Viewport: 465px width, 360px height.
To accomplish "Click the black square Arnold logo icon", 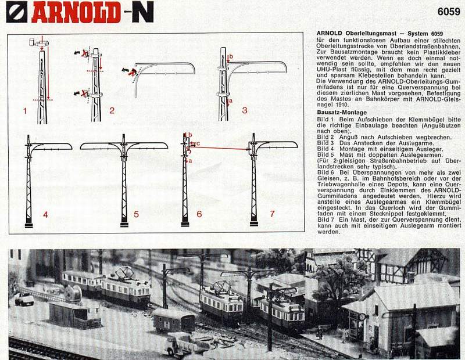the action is coord(17,12).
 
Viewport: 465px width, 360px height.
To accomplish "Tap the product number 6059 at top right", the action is coord(449,12).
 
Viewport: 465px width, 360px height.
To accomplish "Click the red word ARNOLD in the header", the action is coord(76,12).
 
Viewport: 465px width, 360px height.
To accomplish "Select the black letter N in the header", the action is coord(143,12).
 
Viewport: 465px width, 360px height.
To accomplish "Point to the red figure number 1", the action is coord(25,111).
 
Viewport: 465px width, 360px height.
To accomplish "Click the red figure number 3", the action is coord(244,110).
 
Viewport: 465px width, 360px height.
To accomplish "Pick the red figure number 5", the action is coord(136,214).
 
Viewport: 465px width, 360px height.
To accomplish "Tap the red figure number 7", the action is coord(272,214).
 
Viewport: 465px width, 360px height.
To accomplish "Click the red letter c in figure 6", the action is coord(198,143).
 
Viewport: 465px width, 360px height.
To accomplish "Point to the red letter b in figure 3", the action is coord(231,56).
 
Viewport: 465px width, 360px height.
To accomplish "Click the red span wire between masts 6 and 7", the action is coord(219,147).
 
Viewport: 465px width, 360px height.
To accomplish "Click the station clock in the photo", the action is coord(362,316).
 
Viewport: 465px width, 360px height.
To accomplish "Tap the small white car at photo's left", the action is coord(24,298).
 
